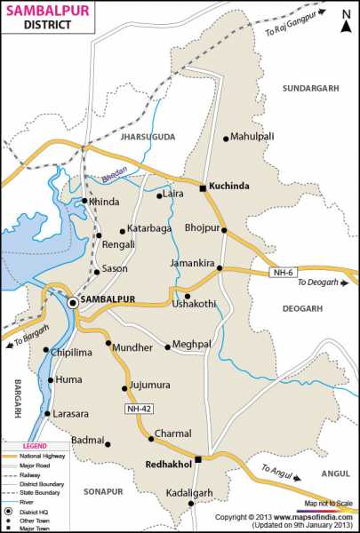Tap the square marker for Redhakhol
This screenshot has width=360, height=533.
[x=199, y=459]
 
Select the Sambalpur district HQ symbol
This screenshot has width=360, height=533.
[x=72, y=302]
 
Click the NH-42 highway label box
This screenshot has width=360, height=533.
[x=138, y=407]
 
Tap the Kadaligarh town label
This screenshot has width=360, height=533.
[x=191, y=491]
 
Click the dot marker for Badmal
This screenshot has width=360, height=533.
[x=108, y=441]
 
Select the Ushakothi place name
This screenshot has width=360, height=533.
[x=194, y=305]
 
